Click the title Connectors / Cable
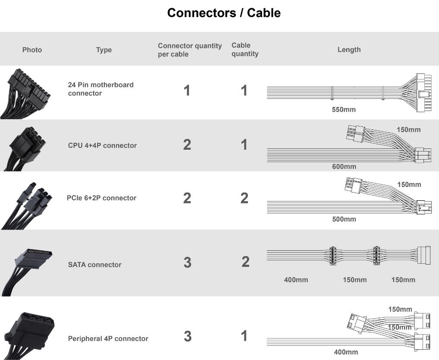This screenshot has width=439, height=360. (x=224, y=13)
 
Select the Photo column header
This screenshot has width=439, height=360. (x=32, y=50)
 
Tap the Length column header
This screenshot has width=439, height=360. (x=349, y=50)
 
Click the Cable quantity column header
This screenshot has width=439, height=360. (x=245, y=50)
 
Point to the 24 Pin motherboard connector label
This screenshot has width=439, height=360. (x=101, y=89)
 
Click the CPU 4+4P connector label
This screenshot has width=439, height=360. (x=102, y=145)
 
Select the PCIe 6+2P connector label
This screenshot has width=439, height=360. (x=101, y=198)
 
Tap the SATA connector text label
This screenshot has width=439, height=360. (x=95, y=265)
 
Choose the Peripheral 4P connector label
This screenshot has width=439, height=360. (x=108, y=339)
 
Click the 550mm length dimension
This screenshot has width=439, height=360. (x=344, y=110)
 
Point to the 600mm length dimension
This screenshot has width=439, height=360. (x=344, y=167)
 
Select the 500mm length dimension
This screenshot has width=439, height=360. (x=344, y=219)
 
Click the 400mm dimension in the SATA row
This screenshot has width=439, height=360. (x=296, y=280)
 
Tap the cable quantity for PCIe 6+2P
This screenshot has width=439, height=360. (x=244, y=198)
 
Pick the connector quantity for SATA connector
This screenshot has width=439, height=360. (x=188, y=262)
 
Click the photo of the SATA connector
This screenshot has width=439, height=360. (x=27, y=272)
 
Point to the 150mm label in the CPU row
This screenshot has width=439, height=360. (x=408, y=129)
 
